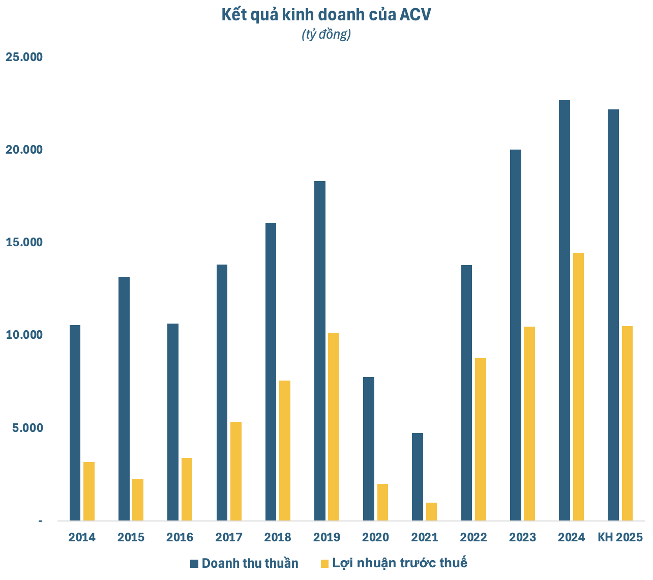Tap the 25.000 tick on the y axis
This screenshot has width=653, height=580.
pos(24,57)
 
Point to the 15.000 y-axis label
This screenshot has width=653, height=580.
pos(24,243)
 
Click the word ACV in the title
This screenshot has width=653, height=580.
pos(415,15)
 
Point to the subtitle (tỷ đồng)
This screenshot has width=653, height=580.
pos(326,34)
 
